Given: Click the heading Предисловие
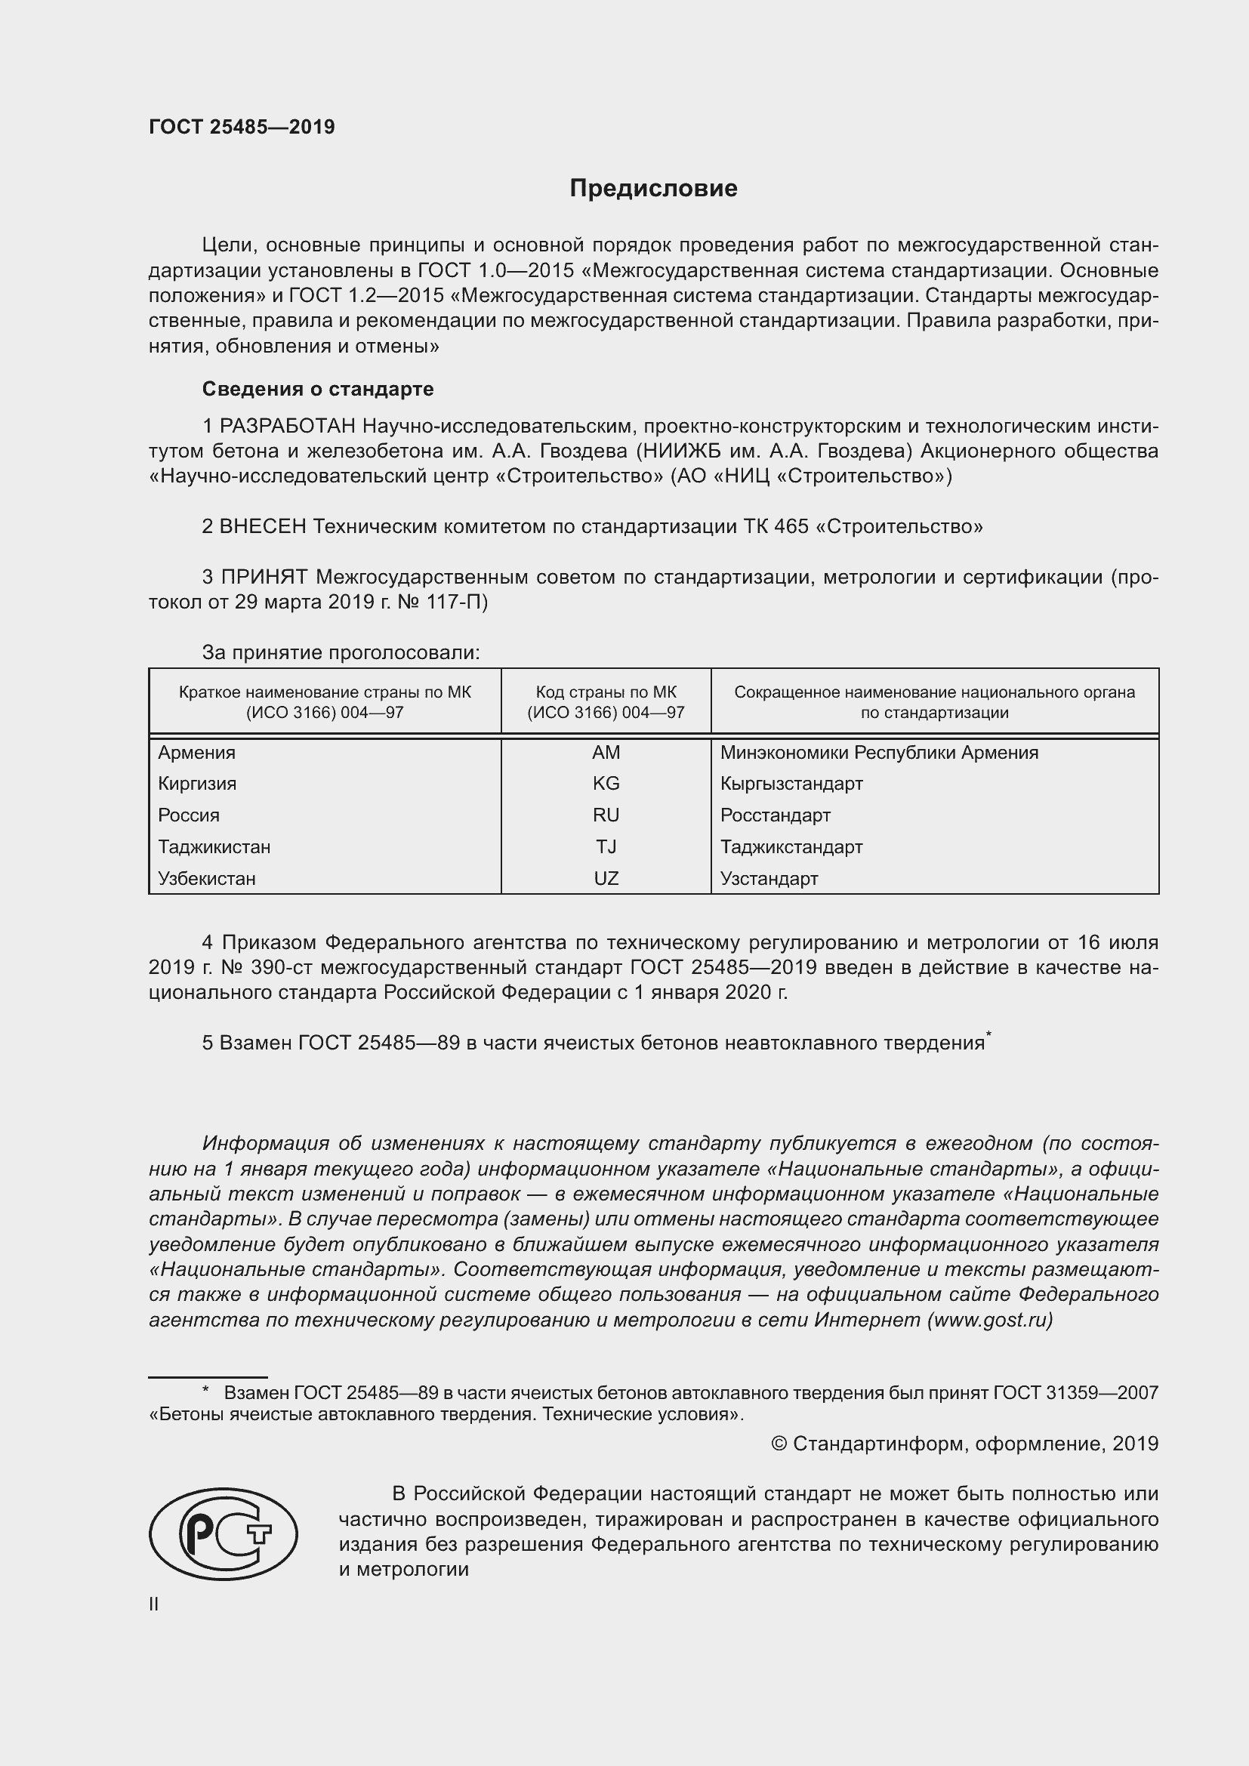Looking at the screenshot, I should click(653, 188).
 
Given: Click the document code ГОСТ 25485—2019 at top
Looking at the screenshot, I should click(242, 127).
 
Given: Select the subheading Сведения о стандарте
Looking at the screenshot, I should click(318, 388).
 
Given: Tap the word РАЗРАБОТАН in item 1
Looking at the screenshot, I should click(288, 425).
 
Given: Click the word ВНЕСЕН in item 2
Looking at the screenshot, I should click(263, 526).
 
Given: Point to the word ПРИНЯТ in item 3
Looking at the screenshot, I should click(264, 576).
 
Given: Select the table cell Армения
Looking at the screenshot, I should click(197, 752).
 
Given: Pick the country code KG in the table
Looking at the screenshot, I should click(606, 783).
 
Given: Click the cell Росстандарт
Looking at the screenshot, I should click(776, 815).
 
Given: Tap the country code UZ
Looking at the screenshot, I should click(606, 878).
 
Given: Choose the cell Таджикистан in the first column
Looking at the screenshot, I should click(214, 847).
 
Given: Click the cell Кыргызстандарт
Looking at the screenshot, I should click(791, 783).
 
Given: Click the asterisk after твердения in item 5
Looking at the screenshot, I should click(989, 1035).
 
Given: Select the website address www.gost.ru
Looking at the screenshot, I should click(990, 1320).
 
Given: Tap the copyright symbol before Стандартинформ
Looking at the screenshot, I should click(779, 1444).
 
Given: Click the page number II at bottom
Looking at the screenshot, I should click(154, 1604).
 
